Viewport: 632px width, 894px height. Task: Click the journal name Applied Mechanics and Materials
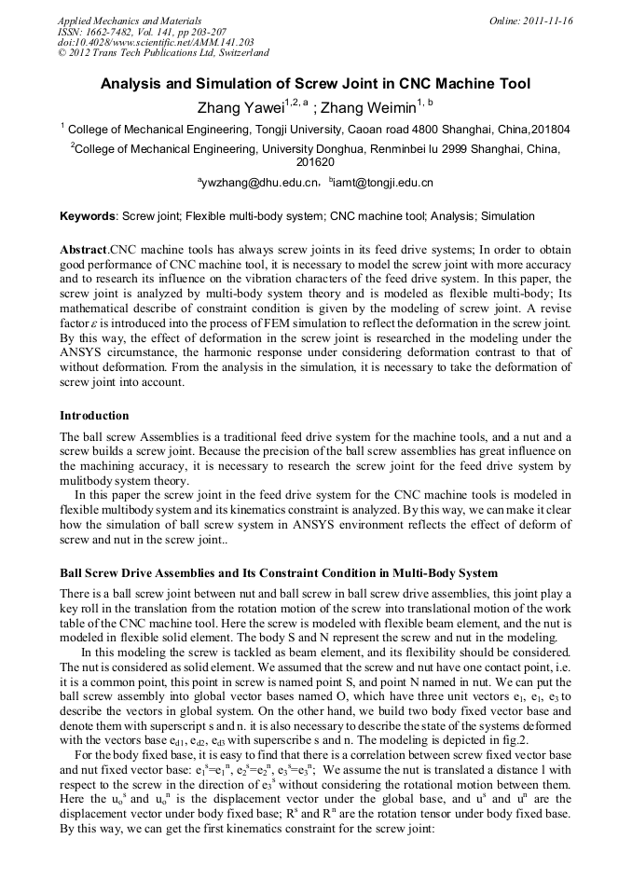130,20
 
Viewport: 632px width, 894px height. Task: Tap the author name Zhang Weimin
368,107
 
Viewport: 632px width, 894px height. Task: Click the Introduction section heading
94,415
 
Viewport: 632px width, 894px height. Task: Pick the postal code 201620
316,162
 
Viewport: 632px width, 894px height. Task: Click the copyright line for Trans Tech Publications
163,53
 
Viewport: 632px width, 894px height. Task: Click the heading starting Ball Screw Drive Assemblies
279,572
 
